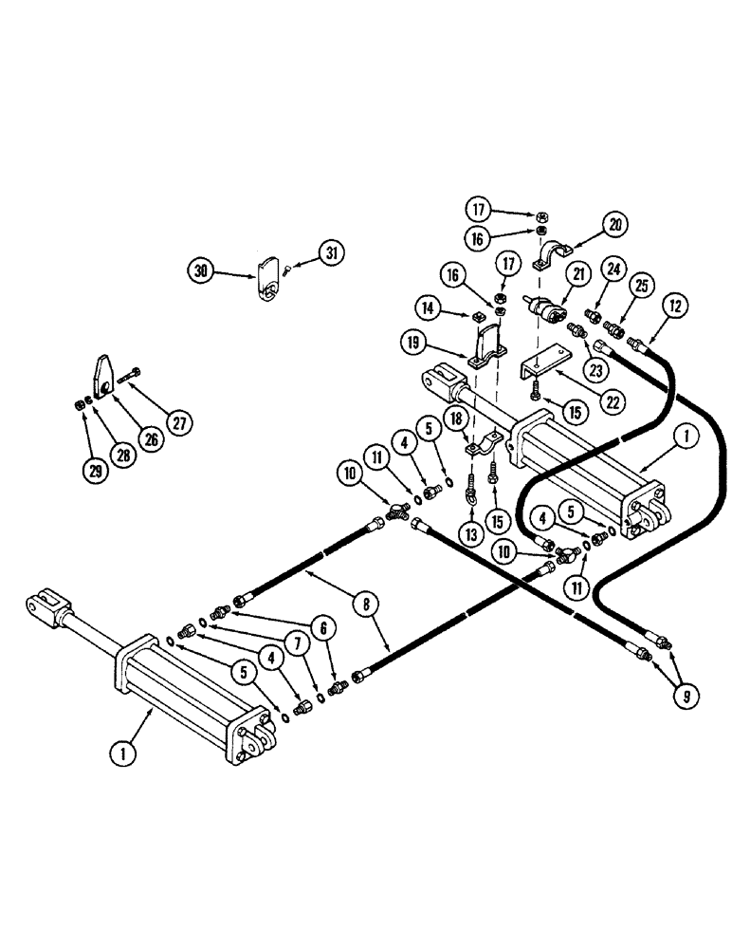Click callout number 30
point(201,270)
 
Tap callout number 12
point(675,307)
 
